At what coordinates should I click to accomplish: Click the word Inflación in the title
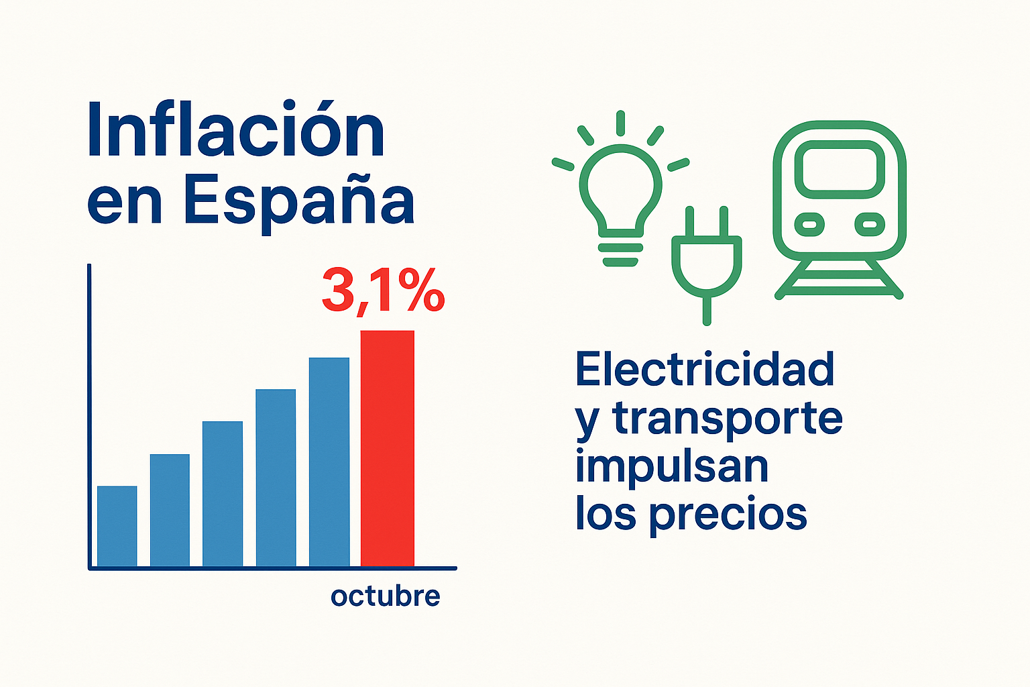(x=236, y=130)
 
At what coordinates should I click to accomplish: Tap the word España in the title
(x=298, y=201)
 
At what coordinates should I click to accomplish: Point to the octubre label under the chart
(x=385, y=596)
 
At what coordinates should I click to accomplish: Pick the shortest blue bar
(x=117, y=526)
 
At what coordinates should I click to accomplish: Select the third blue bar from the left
(x=223, y=494)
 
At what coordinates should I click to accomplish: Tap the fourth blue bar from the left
(x=276, y=478)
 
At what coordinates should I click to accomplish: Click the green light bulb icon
(x=620, y=195)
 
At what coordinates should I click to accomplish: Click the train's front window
(x=840, y=168)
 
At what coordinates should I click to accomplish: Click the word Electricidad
(x=705, y=370)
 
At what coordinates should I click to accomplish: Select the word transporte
(x=728, y=419)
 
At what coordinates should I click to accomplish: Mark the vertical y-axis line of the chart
(x=89, y=416)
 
